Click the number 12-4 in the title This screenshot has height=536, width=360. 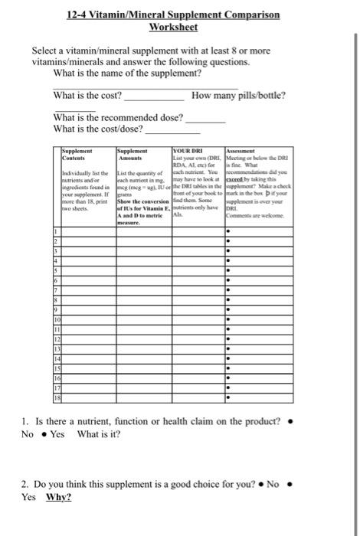coord(81,15)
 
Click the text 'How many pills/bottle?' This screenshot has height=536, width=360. coord(239,96)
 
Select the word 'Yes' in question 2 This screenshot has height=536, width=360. coord(29,496)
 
